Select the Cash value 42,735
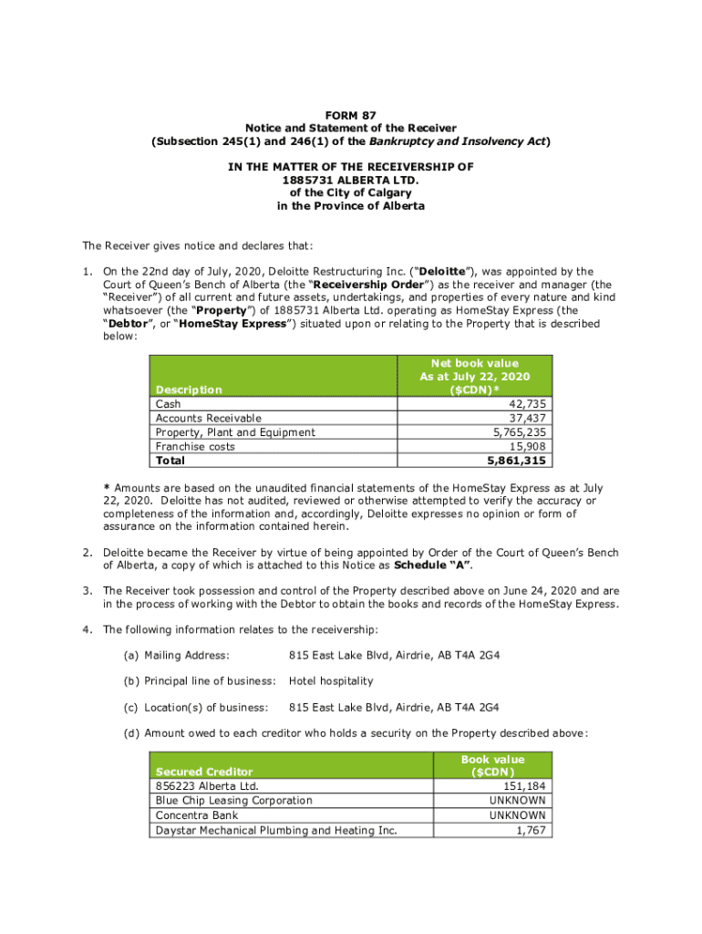(528, 403)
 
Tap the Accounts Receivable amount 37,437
(528, 418)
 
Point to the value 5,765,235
(520, 432)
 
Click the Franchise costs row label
(195, 447)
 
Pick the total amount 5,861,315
(520, 462)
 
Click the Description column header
(189, 389)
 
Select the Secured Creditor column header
(204, 772)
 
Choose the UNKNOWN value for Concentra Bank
(518, 815)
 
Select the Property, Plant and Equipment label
(235, 432)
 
